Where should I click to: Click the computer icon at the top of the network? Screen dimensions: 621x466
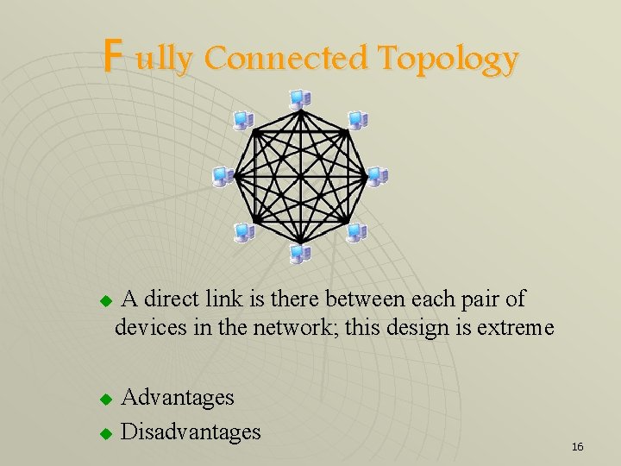(x=300, y=99)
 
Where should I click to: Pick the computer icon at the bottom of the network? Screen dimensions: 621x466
(x=300, y=253)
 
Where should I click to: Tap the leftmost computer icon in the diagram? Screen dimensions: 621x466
(x=223, y=176)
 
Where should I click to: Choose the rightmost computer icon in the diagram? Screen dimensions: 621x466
(x=377, y=176)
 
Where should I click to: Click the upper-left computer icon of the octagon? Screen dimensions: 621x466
(x=244, y=121)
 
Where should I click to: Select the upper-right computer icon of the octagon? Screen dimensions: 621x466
(x=356, y=121)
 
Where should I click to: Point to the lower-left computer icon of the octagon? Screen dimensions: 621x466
(x=245, y=231)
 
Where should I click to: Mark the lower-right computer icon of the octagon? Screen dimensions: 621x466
(x=356, y=231)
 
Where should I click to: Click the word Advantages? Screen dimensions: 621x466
(x=178, y=397)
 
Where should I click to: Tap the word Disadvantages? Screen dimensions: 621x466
(x=191, y=430)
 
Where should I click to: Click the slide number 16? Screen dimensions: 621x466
(x=577, y=446)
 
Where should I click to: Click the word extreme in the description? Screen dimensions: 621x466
(x=513, y=329)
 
